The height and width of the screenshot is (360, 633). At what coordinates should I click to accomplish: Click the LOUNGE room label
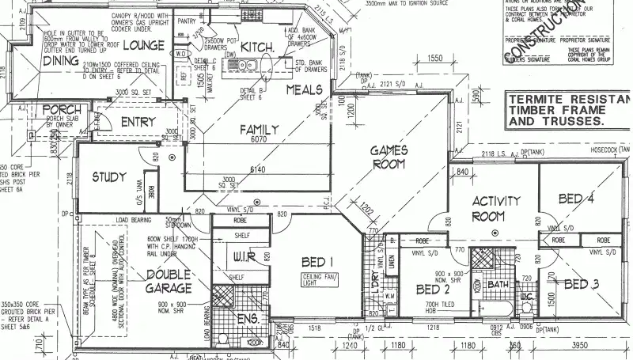[143, 45]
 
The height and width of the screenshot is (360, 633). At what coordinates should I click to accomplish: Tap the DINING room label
[61, 60]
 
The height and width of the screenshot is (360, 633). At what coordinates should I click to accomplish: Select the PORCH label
[60, 109]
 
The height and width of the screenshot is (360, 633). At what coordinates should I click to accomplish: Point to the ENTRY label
[138, 122]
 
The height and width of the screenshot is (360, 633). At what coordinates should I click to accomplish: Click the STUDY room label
[109, 176]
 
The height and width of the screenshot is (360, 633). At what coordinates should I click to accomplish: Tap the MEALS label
[305, 89]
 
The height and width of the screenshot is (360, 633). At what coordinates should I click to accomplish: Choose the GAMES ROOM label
[389, 157]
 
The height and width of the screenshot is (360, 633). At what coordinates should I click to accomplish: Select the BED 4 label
[575, 199]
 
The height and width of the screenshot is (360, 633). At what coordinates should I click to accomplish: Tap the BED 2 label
[433, 290]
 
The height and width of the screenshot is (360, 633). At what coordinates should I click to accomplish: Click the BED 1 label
[319, 262]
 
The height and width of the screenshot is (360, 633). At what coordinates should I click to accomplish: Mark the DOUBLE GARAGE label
[169, 281]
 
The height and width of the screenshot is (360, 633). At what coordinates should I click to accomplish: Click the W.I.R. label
[241, 256]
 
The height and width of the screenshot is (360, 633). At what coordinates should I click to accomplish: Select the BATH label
[498, 283]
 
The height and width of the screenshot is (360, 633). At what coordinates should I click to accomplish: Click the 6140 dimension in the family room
[259, 169]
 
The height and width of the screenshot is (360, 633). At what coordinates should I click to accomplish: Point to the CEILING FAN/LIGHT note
[319, 279]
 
